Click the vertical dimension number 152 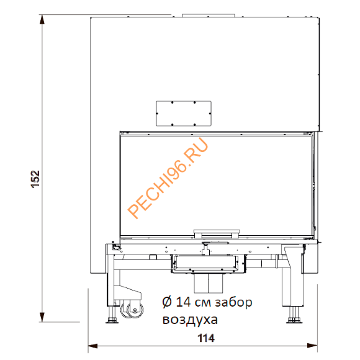(35, 179)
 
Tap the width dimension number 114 (206, 338)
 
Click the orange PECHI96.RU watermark (168, 178)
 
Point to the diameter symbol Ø (167, 302)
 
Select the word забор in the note (233, 302)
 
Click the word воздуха (190, 320)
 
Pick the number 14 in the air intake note (183, 302)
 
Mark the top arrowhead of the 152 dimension (42, 19)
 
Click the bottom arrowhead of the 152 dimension (42, 317)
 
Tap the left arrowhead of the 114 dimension (92, 346)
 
